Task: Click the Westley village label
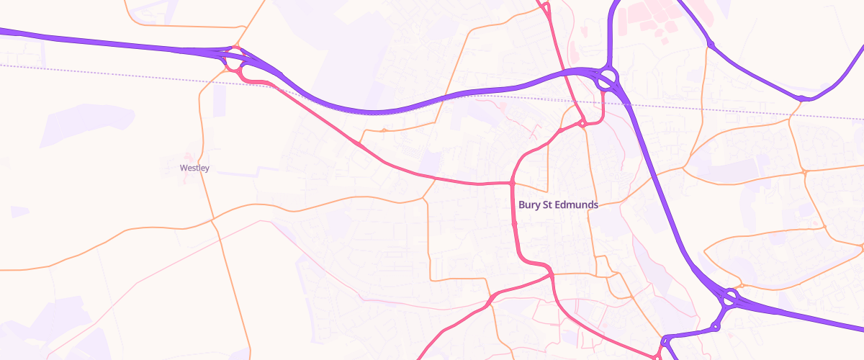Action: click(194, 168)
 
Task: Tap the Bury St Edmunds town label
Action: click(558, 204)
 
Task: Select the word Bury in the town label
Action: click(528, 204)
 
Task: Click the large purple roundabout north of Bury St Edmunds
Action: click(608, 77)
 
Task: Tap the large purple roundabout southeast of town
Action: click(731, 297)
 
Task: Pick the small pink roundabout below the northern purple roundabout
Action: click(582, 125)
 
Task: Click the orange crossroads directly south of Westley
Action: click(213, 219)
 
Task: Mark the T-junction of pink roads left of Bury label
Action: click(512, 184)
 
